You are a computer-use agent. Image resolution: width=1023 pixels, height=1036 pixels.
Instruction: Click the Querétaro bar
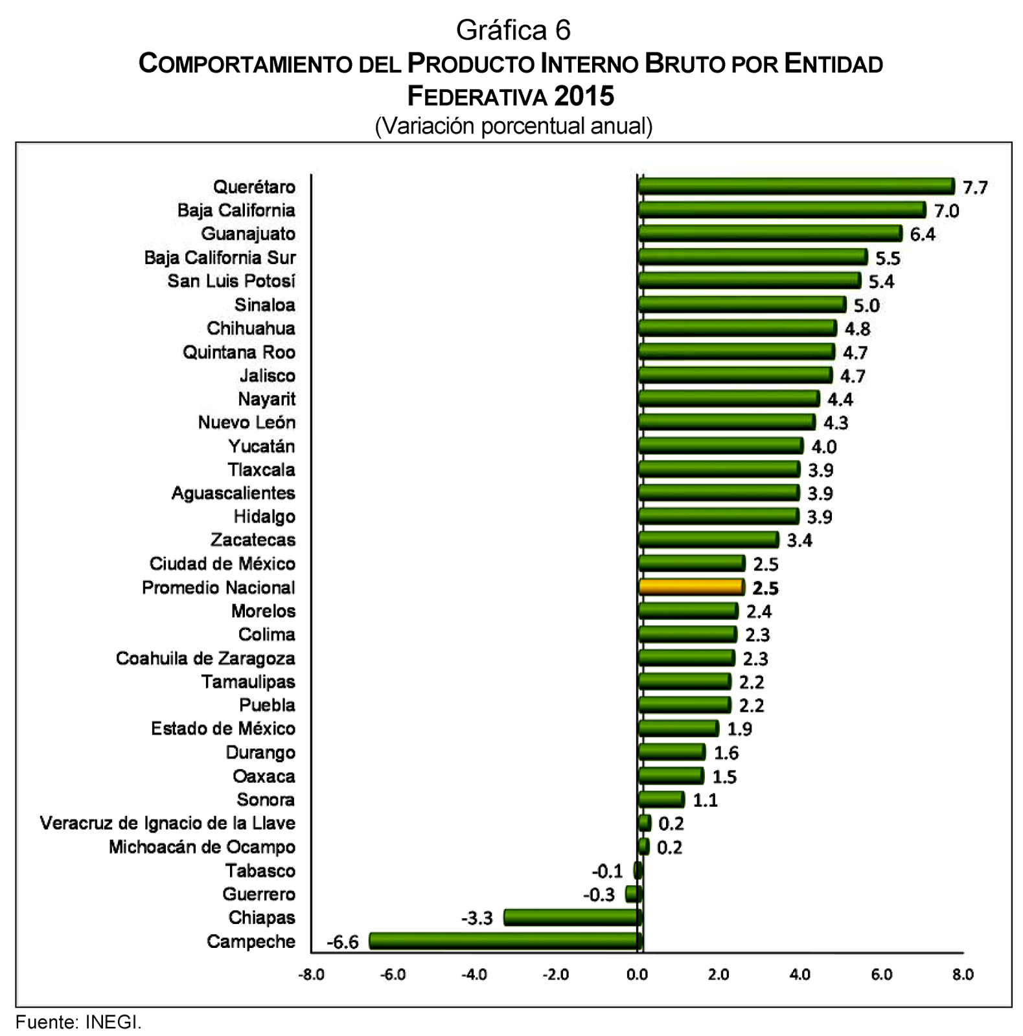point(796,186)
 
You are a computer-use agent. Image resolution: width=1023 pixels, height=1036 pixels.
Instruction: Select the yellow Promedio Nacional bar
point(691,587)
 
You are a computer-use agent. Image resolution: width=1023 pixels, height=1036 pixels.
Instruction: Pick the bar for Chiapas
point(573,918)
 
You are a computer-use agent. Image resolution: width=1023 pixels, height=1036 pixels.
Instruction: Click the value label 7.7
point(974,188)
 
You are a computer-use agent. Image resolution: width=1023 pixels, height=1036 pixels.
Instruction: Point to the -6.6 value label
point(342,942)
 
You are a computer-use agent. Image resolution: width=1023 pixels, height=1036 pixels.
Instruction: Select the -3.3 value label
point(477,918)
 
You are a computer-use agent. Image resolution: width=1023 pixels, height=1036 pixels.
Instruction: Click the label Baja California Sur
point(220,258)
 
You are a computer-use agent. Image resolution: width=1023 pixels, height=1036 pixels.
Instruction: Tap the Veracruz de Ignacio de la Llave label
point(167,823)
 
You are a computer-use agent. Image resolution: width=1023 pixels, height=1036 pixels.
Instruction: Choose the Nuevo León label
point(246,422)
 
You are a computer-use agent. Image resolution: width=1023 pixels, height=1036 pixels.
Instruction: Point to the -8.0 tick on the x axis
point(311,975)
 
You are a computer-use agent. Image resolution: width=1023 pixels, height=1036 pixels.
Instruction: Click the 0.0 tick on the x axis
point(638,975)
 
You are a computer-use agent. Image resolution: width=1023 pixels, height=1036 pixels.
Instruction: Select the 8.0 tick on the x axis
point(963,975)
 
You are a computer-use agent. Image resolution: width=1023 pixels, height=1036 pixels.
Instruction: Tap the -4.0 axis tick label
point(474,975)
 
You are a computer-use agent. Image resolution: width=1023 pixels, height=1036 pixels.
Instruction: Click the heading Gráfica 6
point(513,30)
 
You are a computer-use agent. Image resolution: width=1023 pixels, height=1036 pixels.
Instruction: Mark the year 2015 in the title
point(584,96)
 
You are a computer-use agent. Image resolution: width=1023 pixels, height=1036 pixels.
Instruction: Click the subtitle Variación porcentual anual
point(513,126)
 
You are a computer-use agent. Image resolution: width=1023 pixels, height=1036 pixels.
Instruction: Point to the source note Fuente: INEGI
point(78,1022)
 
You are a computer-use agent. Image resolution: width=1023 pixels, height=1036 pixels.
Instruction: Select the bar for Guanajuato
point(770,234)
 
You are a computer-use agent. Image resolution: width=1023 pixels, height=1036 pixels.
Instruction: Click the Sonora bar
point(661,800)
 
